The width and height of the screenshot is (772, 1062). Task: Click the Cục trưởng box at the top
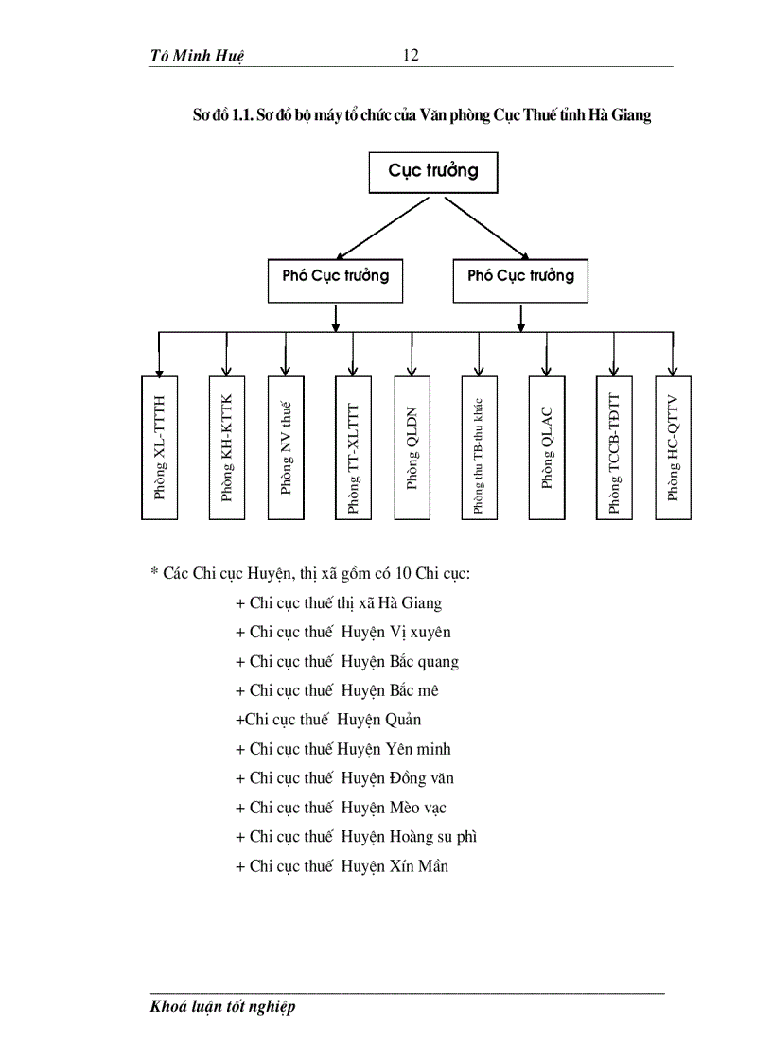pyautogui.click(x=432, y=172)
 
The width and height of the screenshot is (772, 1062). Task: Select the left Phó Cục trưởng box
pyautogui.click(x=335, y=277)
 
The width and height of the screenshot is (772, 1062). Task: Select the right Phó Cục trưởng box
pyautogui.click(x=520, y=277)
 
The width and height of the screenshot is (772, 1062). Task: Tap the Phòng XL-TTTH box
pyautogui.click(x=160, y=447)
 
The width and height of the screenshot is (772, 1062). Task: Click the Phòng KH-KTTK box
pyautogui.click(x=226, y=447)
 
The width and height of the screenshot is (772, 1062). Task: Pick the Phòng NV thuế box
pyautogui.click(x=286, y=447)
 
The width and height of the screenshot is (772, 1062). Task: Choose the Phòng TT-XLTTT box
pyautogui.click(x=353, y=447)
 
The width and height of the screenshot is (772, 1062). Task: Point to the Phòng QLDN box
pyautogui.click(x=412, y=447)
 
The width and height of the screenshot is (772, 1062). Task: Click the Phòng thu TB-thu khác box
pyautogui.click(x=480, y=447)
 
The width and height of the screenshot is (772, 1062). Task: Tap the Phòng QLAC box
pyautogui.click(x=546, y=447)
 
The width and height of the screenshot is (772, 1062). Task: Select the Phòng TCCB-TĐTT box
pyautogui.click(x=614, y=447)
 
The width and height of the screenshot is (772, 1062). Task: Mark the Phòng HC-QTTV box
pyautogui.click(x=673, y=447)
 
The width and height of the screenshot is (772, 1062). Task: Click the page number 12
pyautogui.click(x=411, y=55)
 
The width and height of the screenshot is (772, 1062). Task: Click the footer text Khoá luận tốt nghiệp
pyautogui.click(x=223, y=1006)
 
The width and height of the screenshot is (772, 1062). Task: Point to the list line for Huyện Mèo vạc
pyautogui.click(x=341, y=808)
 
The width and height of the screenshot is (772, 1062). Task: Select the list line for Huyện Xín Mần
pyautogui.click(x=342, y=866)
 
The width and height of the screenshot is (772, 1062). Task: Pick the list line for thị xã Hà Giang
pyautogui.click(x=339, y=602)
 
